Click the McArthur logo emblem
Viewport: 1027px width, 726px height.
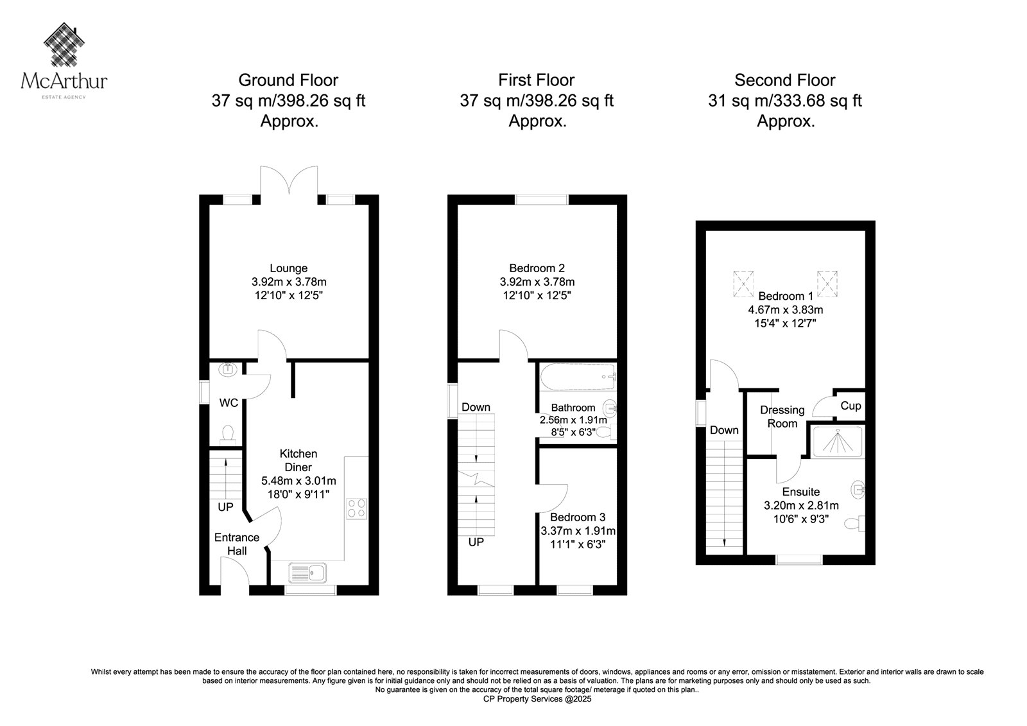tap(64, 44)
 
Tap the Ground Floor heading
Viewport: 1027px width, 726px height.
tap(288, 80)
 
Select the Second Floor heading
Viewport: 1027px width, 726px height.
tap(785, 80)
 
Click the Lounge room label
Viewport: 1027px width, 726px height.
tap(288, 268)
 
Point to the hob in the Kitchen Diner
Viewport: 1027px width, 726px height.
tap(356, 508)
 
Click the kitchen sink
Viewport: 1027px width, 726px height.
tap(307, 573)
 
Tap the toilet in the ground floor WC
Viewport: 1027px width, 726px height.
tap(228, 435)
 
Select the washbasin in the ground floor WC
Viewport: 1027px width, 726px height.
tap(227, 369)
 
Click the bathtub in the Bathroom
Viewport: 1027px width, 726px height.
tap(578, 377)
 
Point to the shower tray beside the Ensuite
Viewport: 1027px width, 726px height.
tap(837, 442)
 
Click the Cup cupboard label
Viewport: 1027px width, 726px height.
tap(850, 406)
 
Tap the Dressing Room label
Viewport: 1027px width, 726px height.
tap(782, 417)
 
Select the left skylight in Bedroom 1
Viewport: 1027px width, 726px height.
tap(743, 284)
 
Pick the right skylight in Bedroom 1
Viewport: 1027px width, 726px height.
tap(827, 284)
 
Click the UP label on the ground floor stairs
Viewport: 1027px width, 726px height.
tap(225, 506)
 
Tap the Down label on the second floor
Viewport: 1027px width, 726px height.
tap(724, 430)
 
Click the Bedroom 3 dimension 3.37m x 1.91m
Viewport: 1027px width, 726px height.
tap(578, 531)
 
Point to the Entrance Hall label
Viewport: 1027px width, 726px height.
tap(237, 544)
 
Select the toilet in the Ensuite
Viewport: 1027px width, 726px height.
tap(854, 524)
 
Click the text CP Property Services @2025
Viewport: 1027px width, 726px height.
tap(537, 699)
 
